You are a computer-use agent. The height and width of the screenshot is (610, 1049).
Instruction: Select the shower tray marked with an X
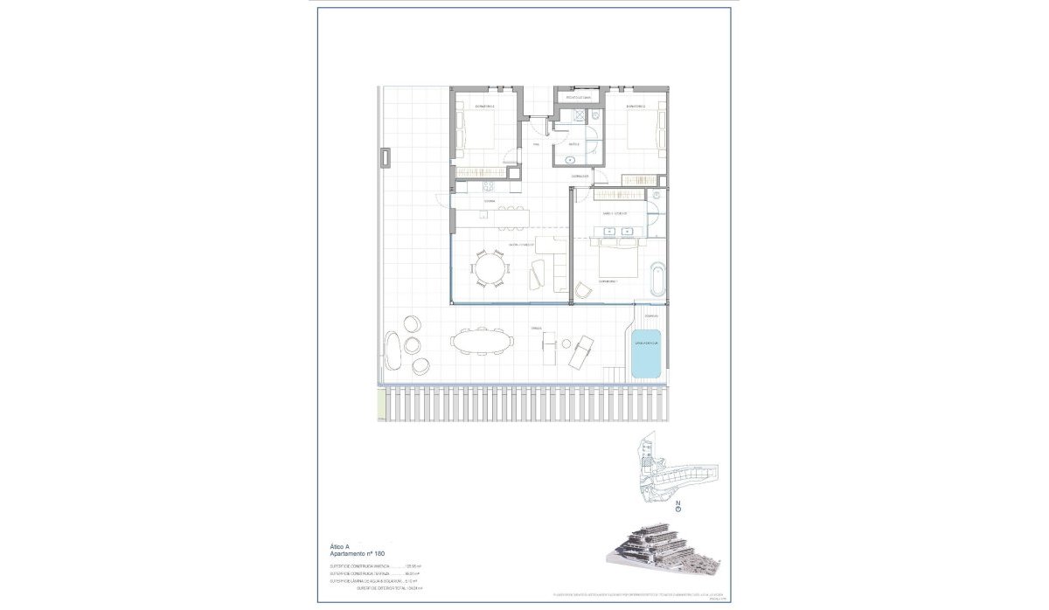[x=577, y=116]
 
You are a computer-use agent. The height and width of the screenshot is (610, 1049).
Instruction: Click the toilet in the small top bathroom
[x=594, y=114]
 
